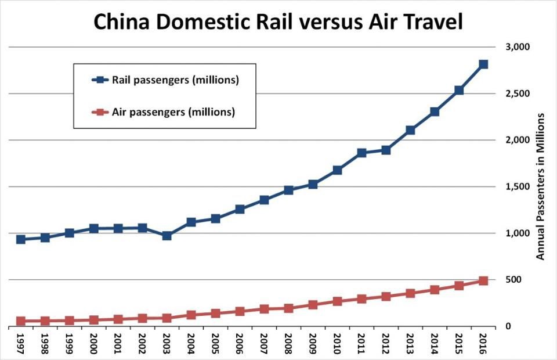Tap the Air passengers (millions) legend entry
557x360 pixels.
(173, 111)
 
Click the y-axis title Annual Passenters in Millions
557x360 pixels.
(540, 186)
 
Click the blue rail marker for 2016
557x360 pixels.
(483, 64)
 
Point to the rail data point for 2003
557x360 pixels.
(167, 236)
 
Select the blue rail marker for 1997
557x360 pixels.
(20, 239)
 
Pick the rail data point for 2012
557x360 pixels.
(386, 150)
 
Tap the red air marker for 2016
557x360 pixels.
(483, 281)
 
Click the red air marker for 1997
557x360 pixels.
(20, 321)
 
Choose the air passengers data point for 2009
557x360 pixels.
(313, 305)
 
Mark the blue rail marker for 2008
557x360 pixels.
(288, 190)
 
